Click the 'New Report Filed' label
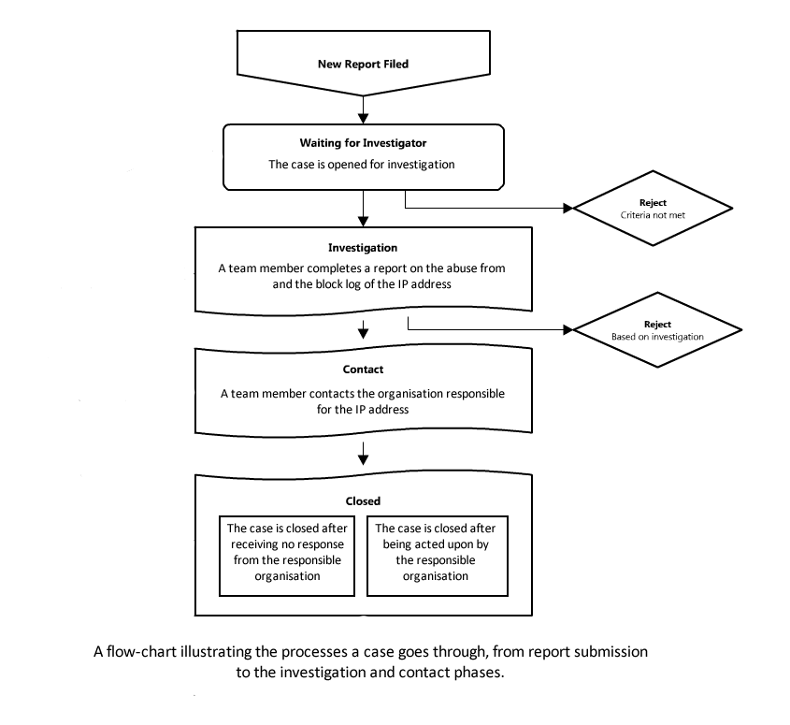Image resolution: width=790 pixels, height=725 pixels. pos(363,64)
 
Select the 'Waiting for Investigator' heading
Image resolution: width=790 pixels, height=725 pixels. pos(363,143)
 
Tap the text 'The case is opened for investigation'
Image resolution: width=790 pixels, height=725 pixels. pos(362,165)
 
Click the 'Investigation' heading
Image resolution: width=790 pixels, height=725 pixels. pos(363,248)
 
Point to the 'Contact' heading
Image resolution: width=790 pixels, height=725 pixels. pos(363,370)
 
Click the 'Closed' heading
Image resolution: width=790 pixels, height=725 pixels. pos(363,501)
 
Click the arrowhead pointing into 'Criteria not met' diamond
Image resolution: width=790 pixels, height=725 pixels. pos(568,208)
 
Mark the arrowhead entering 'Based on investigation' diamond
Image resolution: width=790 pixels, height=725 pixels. pos(568,329)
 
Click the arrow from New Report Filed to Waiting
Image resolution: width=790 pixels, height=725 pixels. pos(363,109)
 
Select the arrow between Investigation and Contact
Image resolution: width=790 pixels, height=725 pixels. pos(363,328)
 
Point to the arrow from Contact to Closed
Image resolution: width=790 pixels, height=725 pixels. pos(363,454)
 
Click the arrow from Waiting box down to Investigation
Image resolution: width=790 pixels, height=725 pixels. pos(363,209)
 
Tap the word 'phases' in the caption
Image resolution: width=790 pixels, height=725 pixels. pos(478,673)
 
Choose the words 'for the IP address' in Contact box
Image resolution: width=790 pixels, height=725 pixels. pos(363,410)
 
